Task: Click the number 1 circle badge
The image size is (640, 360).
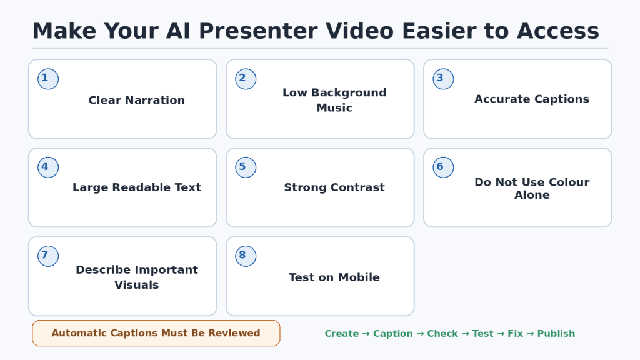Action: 48,79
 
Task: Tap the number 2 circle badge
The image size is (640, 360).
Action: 246,79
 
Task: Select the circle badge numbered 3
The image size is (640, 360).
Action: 443,79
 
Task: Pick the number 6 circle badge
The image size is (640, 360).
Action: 443,167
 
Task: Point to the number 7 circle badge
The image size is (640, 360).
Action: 48,256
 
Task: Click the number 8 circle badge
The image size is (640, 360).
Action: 246,256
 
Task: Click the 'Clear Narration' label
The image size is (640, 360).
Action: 137,100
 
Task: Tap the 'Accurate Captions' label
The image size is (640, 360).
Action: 532,99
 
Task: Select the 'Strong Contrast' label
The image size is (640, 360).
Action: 334,187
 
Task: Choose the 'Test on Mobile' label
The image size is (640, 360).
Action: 334,277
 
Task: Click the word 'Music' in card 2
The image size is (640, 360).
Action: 334,107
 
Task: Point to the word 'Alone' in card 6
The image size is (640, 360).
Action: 532,195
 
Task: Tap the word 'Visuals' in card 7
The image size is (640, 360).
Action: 137,285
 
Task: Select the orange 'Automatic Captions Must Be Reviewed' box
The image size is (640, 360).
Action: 156,333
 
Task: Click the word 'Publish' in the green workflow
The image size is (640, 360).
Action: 556,334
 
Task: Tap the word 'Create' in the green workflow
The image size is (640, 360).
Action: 342,334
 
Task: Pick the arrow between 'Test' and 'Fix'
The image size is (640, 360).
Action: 501,334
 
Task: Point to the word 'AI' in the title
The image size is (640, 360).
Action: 178,31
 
